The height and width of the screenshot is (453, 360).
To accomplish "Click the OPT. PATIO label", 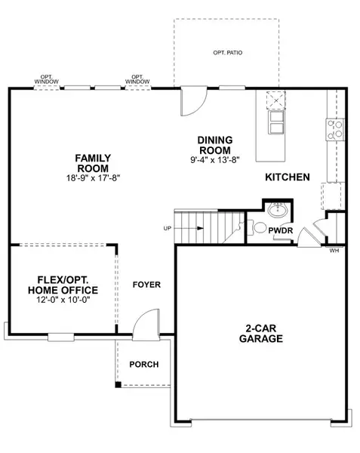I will tap(228, 52).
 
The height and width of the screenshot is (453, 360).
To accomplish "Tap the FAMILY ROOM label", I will tap(93, 162).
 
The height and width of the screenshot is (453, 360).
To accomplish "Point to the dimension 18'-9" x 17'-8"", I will tap(93, 177).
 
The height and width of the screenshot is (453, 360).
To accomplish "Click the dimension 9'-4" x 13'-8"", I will tap(215, 159).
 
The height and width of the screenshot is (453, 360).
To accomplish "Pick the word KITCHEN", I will tap(288, 177).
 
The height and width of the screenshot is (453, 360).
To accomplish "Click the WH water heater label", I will tap(333, 251).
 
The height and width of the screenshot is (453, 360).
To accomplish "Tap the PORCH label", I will tap(144, 364).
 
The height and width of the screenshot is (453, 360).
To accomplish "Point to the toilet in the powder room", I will tap(258, 226).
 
